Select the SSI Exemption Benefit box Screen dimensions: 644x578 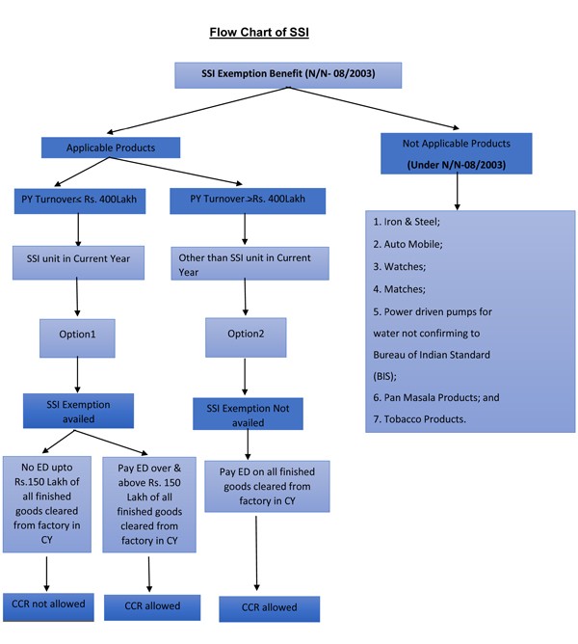(288, 74)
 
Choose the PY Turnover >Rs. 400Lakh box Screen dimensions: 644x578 (247, 200)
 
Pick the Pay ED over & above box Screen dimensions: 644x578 (149, 504)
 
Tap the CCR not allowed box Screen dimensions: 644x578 (47, 604)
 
